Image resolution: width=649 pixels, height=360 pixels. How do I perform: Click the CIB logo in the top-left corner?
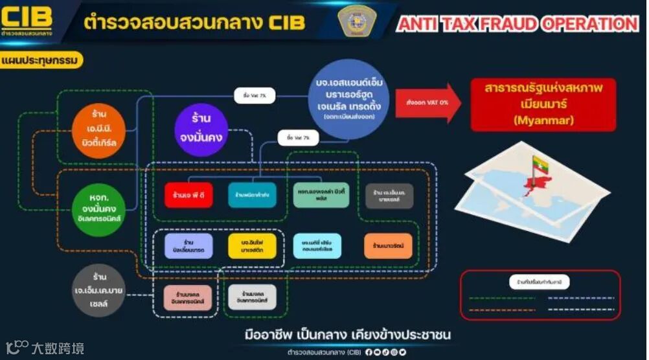27,20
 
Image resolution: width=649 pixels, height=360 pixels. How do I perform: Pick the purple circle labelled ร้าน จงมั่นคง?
201,130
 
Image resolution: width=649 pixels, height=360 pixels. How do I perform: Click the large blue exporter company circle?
353,100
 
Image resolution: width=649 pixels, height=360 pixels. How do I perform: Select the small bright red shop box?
188,194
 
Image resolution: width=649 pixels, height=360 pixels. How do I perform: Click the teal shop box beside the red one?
252,194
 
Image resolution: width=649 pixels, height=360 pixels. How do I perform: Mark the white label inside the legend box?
539,282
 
